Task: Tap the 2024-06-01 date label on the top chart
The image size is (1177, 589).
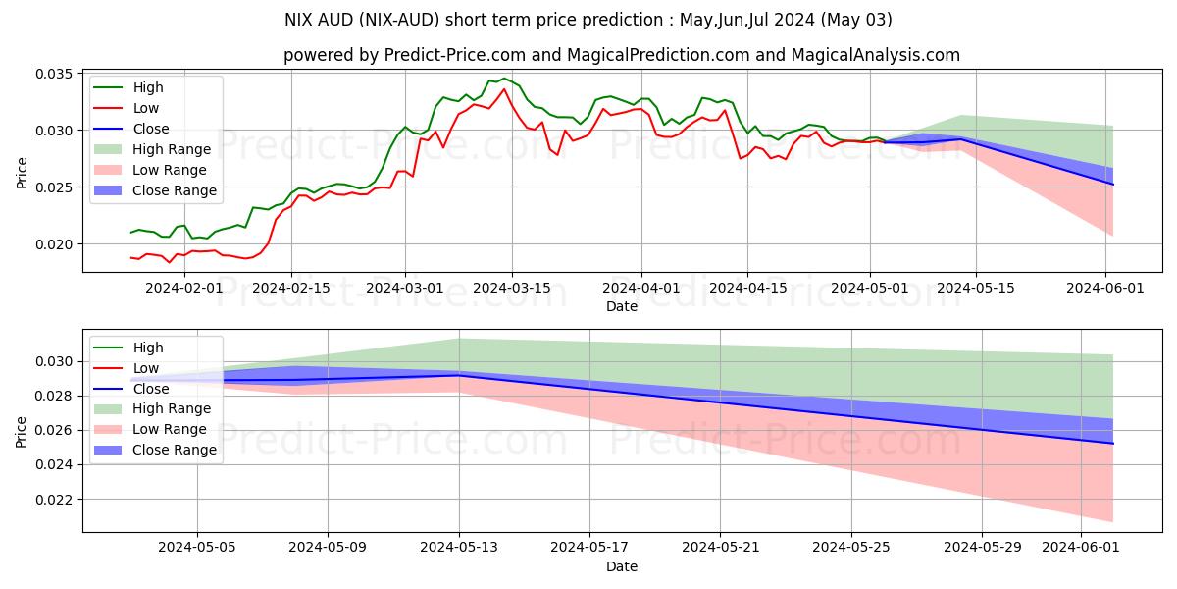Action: (x=1105, y=288)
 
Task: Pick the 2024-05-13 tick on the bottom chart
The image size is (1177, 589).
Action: (x=459, y=547)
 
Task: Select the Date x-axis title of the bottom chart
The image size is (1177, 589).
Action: (x=622, y=566)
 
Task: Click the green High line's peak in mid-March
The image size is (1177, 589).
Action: (x=504, y=79)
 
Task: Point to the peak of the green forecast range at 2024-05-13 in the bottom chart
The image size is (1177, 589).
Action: (x=459, y=339)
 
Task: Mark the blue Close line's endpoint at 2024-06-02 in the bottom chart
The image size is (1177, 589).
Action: (x=1113, y=444)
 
